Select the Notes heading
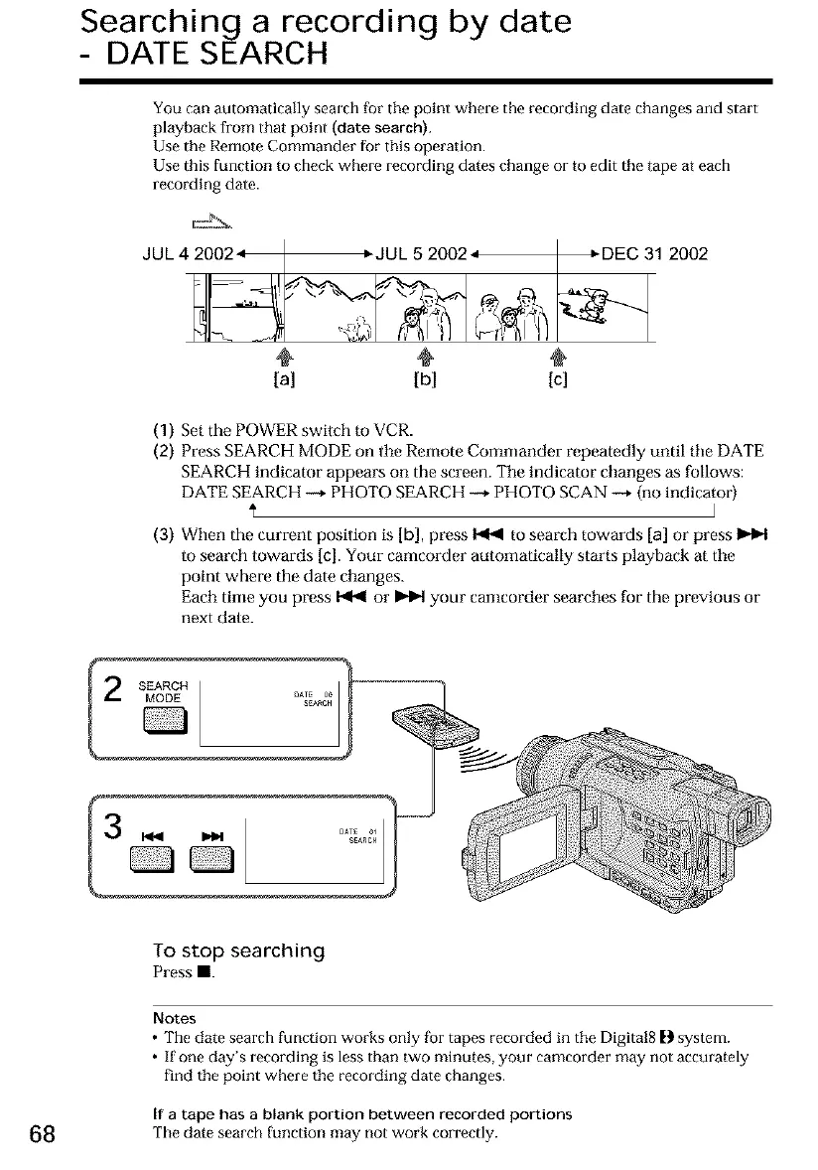[x=175, y=1018]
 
